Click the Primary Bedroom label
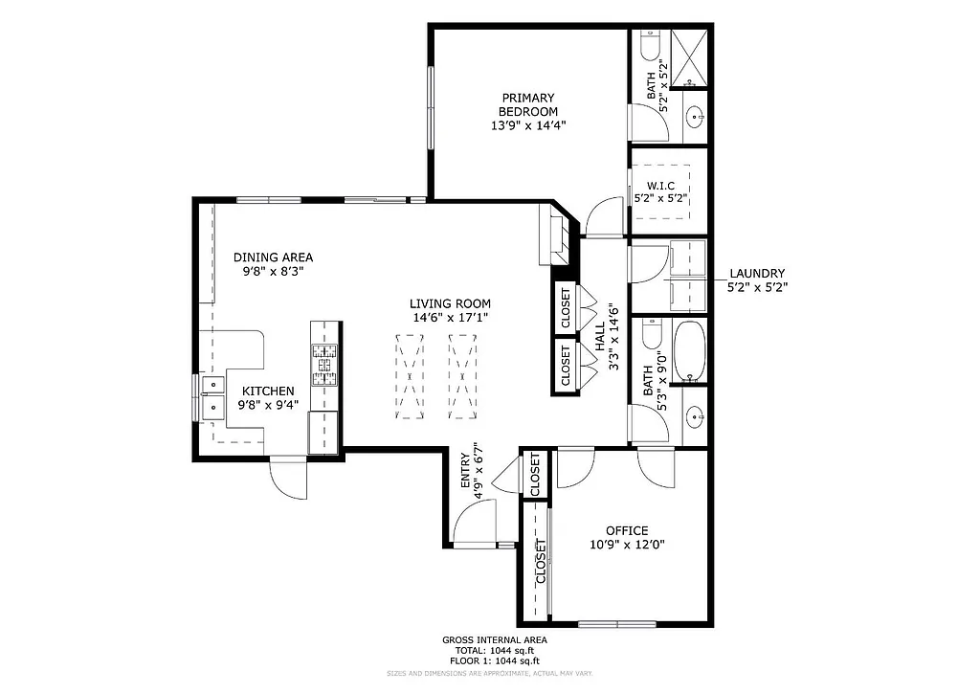(527, 104)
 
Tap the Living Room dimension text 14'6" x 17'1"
(451, 317)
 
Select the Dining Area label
(273, 257)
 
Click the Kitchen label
(267, 391)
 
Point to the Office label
(627, 531)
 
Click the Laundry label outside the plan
(756, 273)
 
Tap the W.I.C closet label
(660, 186)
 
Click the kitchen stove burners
(325, 364)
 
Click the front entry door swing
(476, 524)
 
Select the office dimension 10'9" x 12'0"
(627, 545)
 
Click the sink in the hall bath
(696, 416)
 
